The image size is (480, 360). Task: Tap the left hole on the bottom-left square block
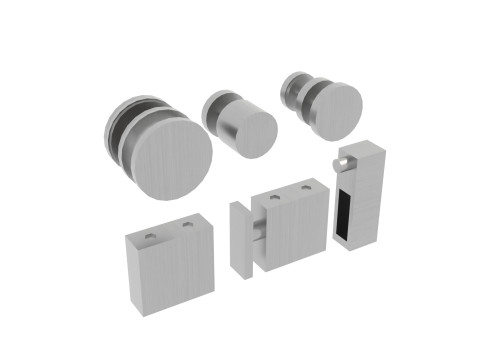coord(151,236)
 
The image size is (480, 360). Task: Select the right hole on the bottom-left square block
coord(187,227)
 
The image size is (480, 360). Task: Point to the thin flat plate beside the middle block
coord(241,241)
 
